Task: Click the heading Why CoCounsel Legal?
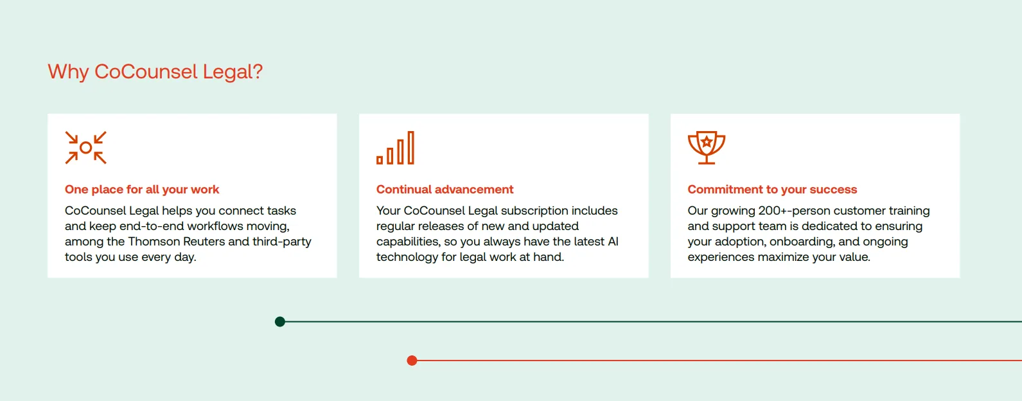click(x=155, y=72)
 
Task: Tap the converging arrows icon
click(x=86, y=148)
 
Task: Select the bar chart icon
click(x=395, y=148)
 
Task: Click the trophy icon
click(x=706, y=148)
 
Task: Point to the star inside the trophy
click(x=707, y=141)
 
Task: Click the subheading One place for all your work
click(x=142, y=190)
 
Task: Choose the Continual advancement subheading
click(x=445, y=190)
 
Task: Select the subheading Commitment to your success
click(x=772, y=190)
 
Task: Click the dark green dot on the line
click(x=280, y=321)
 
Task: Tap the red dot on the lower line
click(x=412, y=361)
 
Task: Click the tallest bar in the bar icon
click(x=411, y=148)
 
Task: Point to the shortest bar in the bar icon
click(x=380, y=160)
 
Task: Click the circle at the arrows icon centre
click(x=86, y=148)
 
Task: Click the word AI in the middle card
click(x=613, y=242)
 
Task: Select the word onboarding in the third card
click(x=802, y=242)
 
